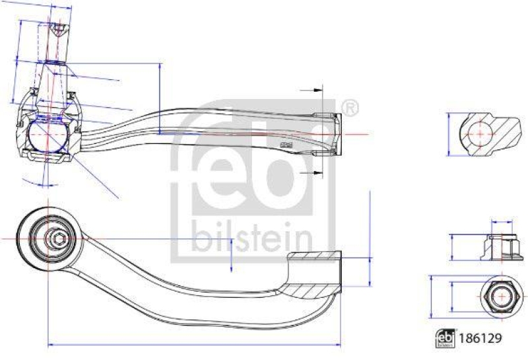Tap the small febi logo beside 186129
445,338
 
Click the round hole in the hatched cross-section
475,134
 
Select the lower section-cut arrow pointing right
310,172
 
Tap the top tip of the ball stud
57,27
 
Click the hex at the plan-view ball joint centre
55,237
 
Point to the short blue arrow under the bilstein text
231,255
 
